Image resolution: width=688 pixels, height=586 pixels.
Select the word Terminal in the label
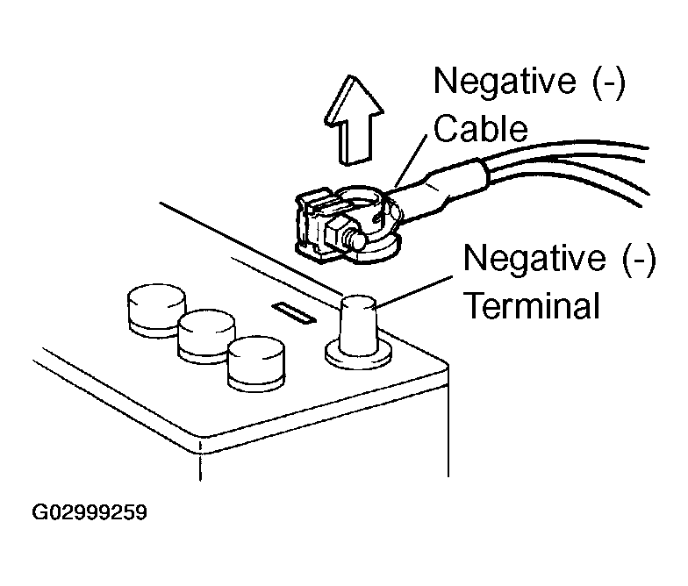(x=532, y=306)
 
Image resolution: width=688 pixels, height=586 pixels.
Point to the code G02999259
(x=90, y=511)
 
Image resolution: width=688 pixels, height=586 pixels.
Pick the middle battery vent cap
(x=204, y=335)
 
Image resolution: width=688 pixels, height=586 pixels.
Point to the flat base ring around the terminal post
(x=358, y=355)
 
